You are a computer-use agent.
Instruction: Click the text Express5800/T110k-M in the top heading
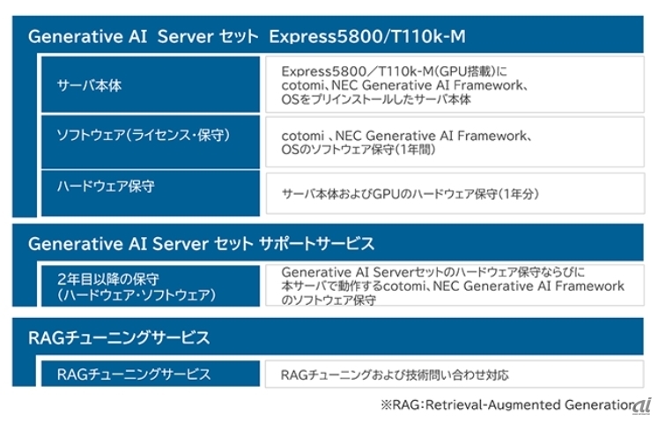tap(367, 36)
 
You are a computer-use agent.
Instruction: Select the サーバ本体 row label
tap(89, 85)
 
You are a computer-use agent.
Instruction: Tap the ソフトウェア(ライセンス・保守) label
tap(144, 135)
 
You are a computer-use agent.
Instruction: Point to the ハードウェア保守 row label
tap(106, 186)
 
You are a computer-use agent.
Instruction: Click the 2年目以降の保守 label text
tap(108, 278)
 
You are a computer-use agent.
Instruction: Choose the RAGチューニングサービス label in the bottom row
tap(134, 374)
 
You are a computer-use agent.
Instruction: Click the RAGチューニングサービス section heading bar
tap(328, 337)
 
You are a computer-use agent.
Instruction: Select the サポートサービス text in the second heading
tap(316, 243)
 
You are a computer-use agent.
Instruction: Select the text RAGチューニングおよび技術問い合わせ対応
tap(395, 374)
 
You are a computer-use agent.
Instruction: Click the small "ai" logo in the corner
tap(642, 405)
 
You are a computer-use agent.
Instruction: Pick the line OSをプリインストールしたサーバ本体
tap(376, 99)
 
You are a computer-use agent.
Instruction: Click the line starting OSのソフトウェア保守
tap(359, 149)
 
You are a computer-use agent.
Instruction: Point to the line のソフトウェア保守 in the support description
tap(329, 300)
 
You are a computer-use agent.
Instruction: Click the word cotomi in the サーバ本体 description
tap(302, 85)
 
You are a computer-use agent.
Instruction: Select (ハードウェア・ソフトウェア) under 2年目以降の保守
tap(137, 295)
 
